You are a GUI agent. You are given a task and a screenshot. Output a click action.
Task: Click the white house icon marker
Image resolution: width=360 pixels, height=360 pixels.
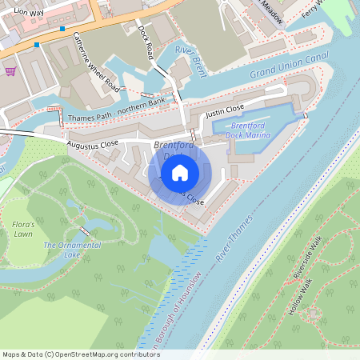[180, 171]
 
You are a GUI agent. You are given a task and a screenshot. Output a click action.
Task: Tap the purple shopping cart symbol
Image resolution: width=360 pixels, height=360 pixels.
[10, 71]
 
